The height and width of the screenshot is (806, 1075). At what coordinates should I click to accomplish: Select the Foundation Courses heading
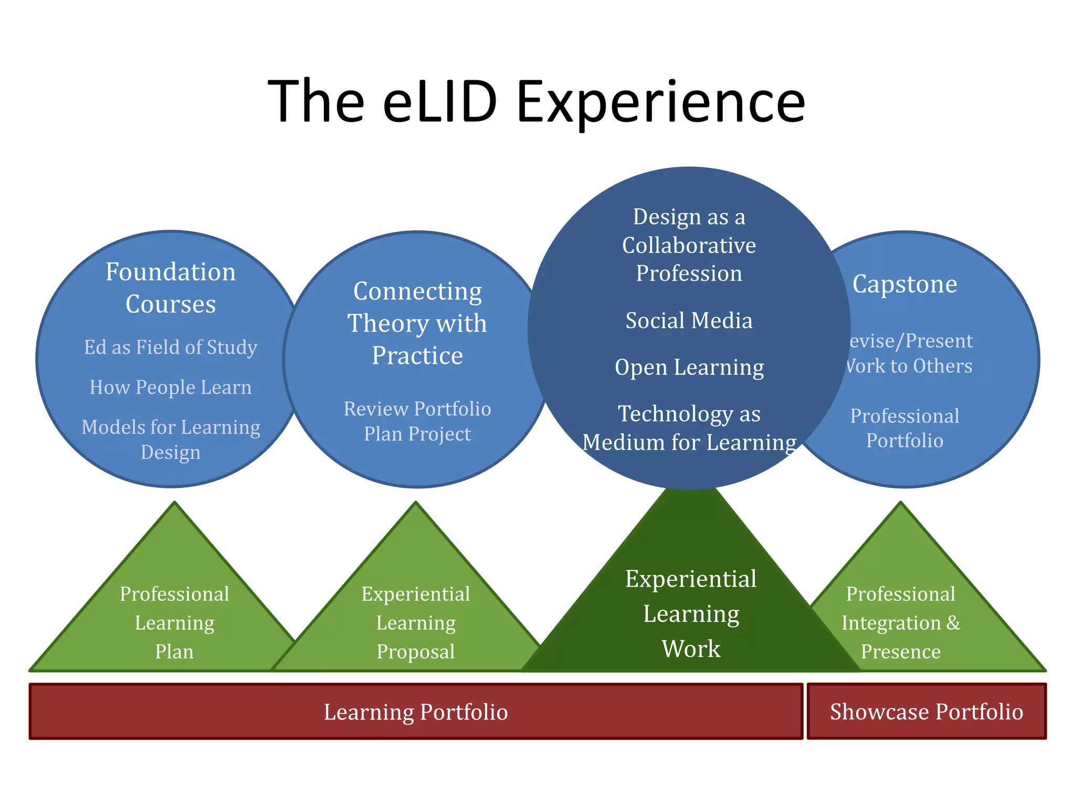tap(171, 288)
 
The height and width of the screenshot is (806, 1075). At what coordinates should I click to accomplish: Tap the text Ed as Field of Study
tap(171, 347)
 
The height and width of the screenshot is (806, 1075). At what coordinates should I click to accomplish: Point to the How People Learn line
tap(171, 387)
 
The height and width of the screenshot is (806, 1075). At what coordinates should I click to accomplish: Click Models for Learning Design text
tap(171, 440)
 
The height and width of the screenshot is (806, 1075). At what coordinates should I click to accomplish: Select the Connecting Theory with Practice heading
tap(417, 323)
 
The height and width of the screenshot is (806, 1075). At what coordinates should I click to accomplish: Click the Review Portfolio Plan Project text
tap(417, 421)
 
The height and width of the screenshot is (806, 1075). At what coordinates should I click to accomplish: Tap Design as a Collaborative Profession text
tap(689, 245)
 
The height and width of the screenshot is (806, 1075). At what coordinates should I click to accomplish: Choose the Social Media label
tap(689, 321)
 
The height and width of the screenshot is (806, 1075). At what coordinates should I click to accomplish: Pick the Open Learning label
tap(689, 367)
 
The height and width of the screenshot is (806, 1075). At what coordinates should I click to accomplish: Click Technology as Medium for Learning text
tap(689, 428)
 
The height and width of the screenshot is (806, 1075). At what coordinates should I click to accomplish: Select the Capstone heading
tap(904, 284)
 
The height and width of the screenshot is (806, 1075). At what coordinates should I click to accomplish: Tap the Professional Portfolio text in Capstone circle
tap(904, 428)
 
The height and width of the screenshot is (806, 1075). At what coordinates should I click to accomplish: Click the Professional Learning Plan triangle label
tap(174, 623)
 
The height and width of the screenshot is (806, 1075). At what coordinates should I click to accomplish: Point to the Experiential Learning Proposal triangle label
tap(416, 623)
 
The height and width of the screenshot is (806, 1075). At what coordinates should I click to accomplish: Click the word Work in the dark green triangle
tap(691, 649)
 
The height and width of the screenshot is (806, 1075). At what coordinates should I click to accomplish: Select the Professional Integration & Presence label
tap(901, 623)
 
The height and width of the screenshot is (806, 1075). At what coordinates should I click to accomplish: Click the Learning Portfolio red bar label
tap(416, 712)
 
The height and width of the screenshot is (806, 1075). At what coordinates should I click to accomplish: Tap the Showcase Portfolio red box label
tap(926, 712)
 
